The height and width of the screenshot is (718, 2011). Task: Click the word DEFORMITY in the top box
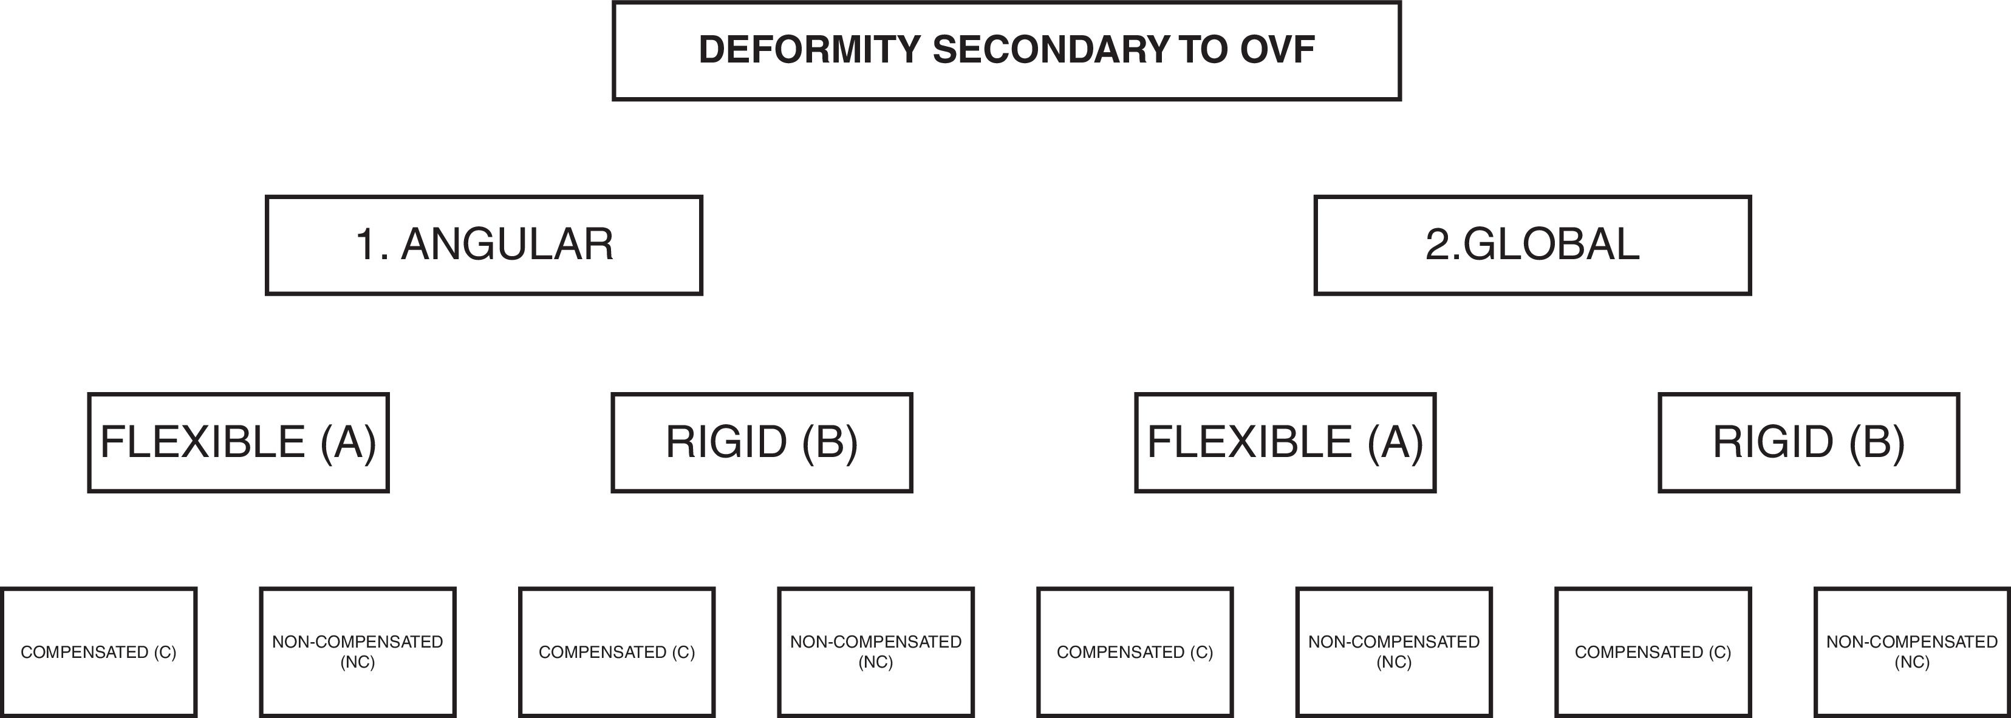click(x=810, y=50)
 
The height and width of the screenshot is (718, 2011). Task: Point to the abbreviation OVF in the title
click(x=1277, y=50)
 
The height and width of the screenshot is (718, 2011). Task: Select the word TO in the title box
click(x=1204, y=50)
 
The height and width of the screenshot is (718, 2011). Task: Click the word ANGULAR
click(x=507, y=245)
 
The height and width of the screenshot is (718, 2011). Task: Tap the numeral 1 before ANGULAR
click(x=366, y=245)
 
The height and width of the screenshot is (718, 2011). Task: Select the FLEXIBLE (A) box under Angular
click(x=238, y=442)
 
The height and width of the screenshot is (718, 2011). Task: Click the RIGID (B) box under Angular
click(x=761, y=442)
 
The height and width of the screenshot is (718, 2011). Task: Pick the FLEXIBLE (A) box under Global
click(x=1285, y=442)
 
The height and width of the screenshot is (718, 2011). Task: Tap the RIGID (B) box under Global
click(x=1809, y=442)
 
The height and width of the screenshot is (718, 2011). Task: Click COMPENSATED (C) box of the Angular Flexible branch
click(x=98, y=652)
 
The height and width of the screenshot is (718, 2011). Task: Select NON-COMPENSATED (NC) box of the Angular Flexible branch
click(x=358, y=652)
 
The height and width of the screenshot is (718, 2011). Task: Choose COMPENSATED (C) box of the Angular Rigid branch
click(x=616, y=652)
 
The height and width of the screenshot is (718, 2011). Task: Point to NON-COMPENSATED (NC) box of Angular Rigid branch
click(x=876, y=652)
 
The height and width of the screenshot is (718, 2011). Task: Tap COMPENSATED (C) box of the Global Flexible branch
click(x=1135, y=652)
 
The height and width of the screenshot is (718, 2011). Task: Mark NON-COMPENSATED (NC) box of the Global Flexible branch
click(x=1395, y=652)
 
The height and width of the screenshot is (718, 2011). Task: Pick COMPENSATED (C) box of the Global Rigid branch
click(x=1653, y=652)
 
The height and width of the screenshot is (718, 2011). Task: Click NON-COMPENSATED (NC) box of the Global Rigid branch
click(x=1912, y=652)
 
